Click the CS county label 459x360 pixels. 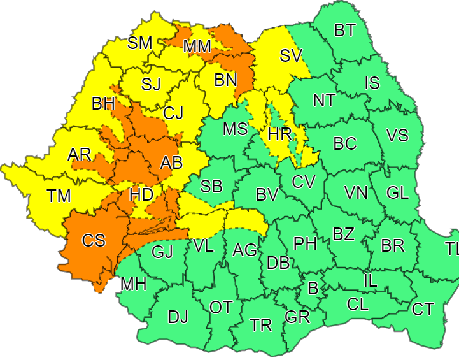[x=94, y=241]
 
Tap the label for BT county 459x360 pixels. [x=345, y=30]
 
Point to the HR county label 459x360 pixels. [x=279, y=134]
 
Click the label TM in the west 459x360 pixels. [x=61, y=196]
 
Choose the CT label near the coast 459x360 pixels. [x=423, y=310]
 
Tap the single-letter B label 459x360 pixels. [x=313, y=288]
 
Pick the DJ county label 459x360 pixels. [x=178, y=317]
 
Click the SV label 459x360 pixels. [x=290, y=56]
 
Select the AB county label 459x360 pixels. [x=171, y=163]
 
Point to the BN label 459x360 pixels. [x=225, y=80]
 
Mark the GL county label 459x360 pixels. [x=398, y=192]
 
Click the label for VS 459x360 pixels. [x=398, y=136]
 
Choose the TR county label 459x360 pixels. [x=261, y=325]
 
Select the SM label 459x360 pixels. [x=140, y=43]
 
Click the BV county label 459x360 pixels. [x=267, y=195]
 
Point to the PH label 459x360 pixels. [x=305, y=243]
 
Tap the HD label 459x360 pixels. [x=141, y=195]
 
